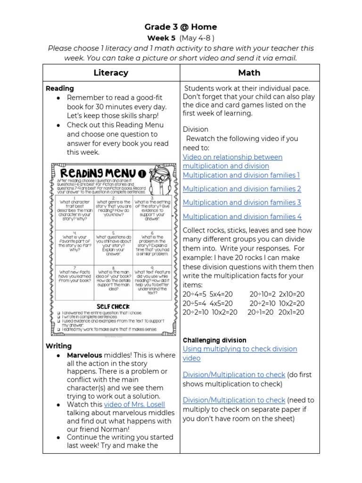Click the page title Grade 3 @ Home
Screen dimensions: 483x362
tap(181, 27)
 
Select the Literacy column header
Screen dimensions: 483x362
tap(111, 73)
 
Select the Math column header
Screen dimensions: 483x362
tap(249, 73)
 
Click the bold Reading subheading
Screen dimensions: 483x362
tap(59, 88)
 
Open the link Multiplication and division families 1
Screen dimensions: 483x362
tap(241, 175)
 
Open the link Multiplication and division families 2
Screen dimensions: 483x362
tap(242, 189)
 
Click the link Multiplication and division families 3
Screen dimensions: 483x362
tap(242, 202)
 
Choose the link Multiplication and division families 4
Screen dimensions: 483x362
tap(242, 217)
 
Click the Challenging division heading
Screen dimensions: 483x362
tap(214, 340)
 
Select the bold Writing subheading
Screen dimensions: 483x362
tap(58, 346)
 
